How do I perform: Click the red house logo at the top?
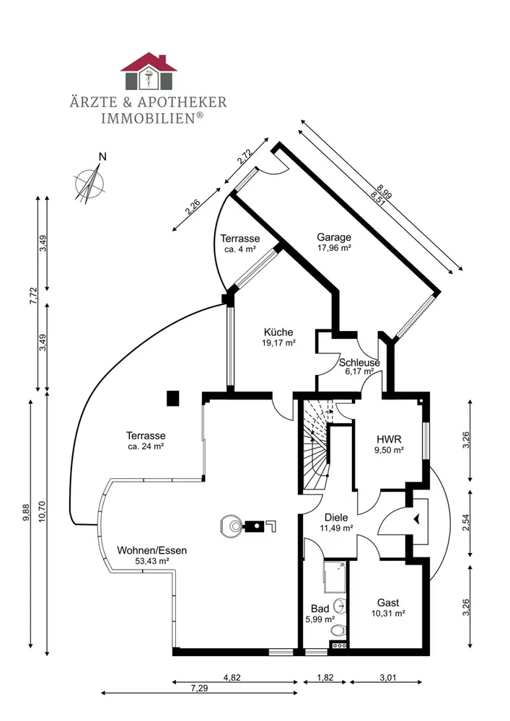click(148, 71)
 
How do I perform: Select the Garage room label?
click(334, 242)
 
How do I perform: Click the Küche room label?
click(278, 337)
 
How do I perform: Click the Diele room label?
click(337, 522)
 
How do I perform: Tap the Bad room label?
click(320, 613)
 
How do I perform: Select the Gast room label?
click(388, 608)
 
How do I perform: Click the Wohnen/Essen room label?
click(151, 554)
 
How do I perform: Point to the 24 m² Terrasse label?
click(146, 441)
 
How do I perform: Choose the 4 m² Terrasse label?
click(240, 243)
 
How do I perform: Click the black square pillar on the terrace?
click(172, 397)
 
